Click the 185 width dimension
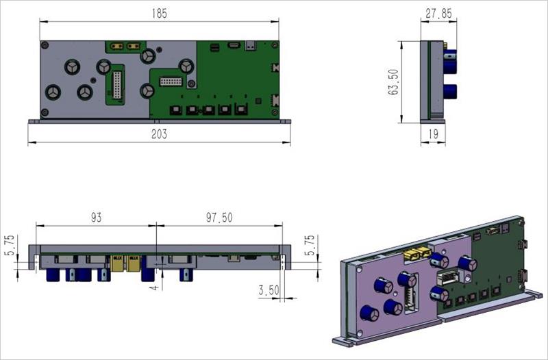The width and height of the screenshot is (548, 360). click(x=160, y=14)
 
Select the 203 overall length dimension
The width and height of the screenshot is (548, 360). click(x=159, y=134)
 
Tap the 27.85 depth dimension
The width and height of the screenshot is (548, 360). click(x=438, y=14)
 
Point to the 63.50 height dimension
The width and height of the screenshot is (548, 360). click(x=393, y=82)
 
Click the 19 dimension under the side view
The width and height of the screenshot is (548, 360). click(x=434, y=133)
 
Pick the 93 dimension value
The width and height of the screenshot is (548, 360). click(x=96, y=218)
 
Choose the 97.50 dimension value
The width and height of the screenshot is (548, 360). click(x=219, y=218)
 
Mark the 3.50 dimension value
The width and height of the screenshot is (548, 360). click(x=269, y=290)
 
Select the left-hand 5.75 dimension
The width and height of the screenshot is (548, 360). click(x=10, y=245)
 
